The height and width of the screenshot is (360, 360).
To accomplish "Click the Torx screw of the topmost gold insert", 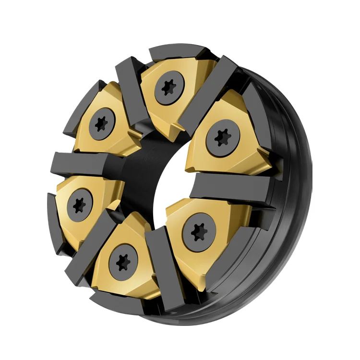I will pos(168,88).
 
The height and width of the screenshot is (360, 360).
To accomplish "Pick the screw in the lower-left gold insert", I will pos(79,205).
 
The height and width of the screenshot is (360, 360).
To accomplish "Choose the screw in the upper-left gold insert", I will pos(101,123).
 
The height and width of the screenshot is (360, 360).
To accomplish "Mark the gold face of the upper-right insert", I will pos(245,154).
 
